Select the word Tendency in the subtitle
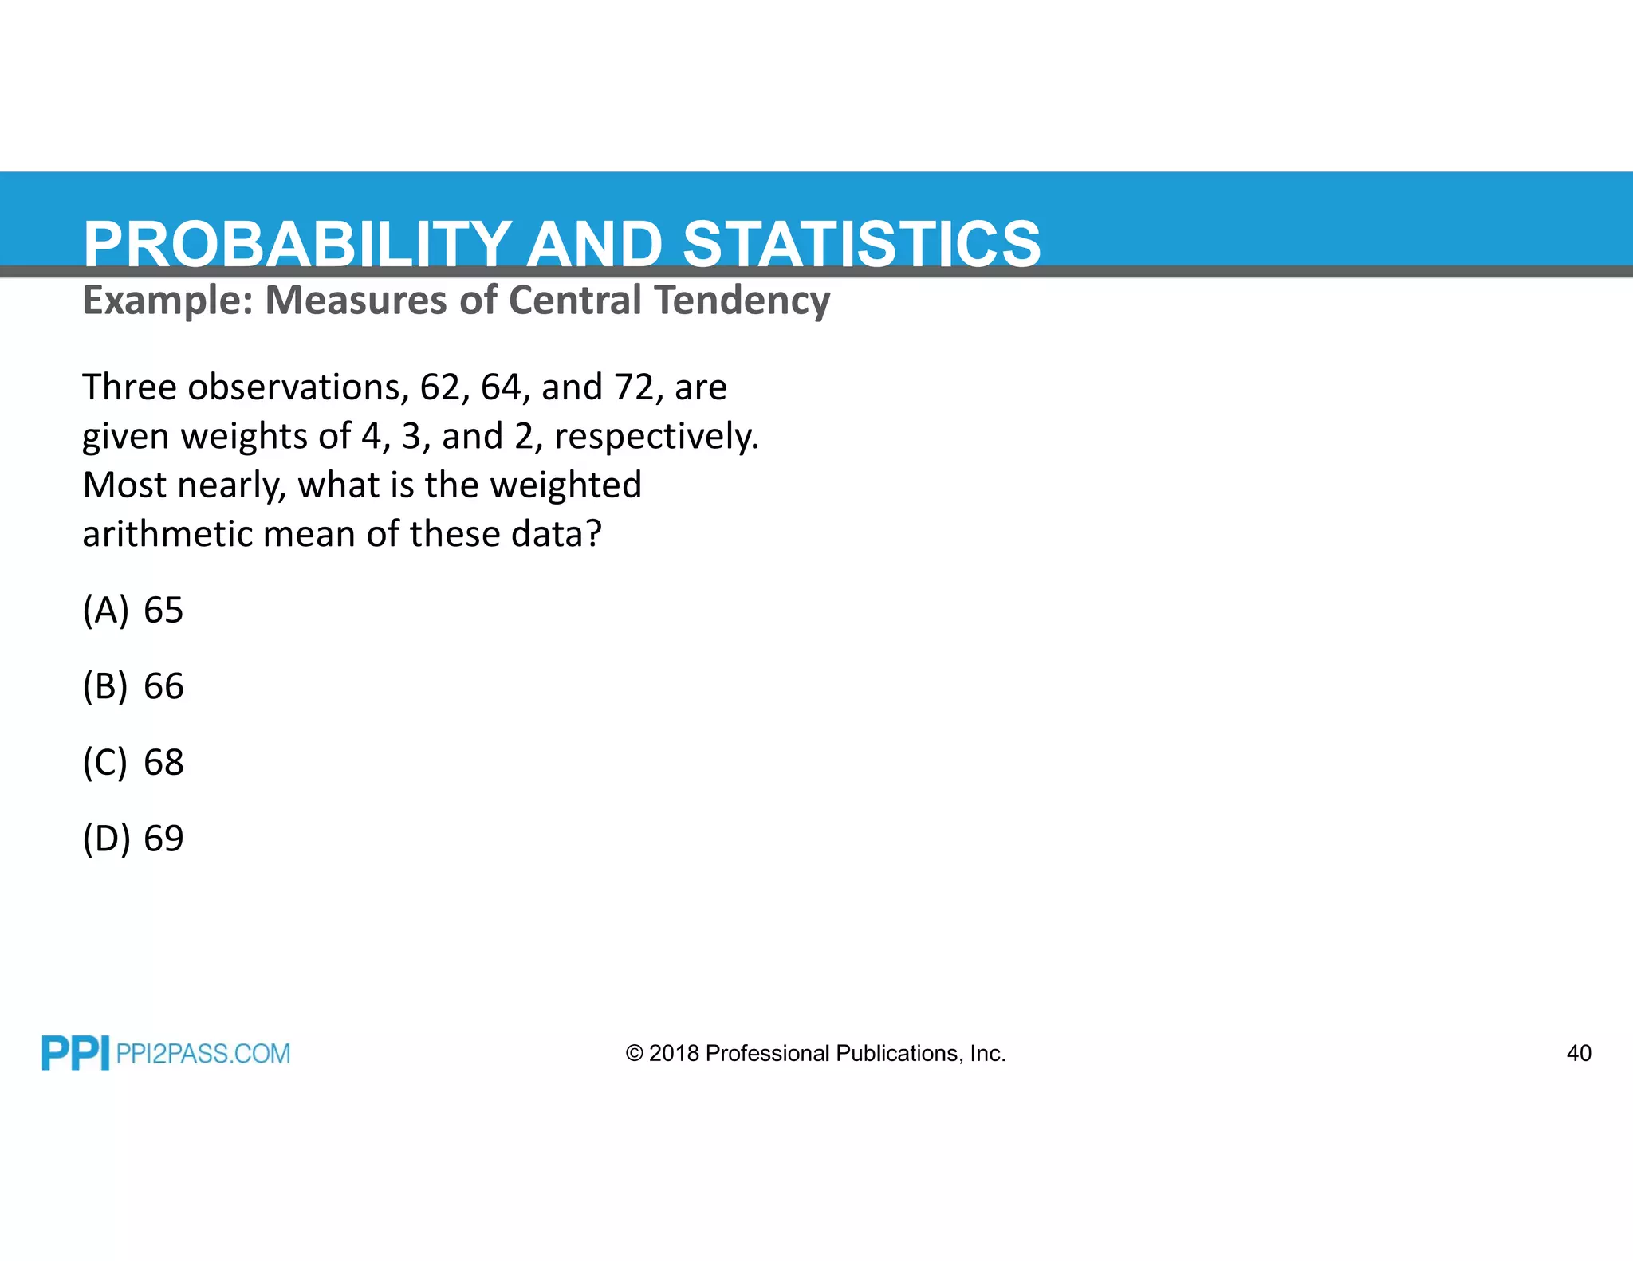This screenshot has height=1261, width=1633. [x=742, y=301]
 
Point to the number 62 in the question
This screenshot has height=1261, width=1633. [x=440, y=387]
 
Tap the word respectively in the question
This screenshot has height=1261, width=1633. [x=655, y=437]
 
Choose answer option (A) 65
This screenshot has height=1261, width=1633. [x=133, y=611]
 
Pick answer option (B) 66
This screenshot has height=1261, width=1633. [x=133, y=686]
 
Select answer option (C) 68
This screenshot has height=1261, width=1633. [x=133, y=763]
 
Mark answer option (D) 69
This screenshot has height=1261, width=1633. [x=133, y=839]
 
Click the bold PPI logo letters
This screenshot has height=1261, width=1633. [x=75, y=1054]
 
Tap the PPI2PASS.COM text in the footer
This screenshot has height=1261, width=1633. [x=203, y=1054]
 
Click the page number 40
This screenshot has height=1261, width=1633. [x=1579, y=1053]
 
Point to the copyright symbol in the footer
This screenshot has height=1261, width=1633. [x=634, y=1054]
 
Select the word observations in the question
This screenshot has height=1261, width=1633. [x=298, y=387]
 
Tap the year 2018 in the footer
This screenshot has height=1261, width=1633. [x=674, y=1054]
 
